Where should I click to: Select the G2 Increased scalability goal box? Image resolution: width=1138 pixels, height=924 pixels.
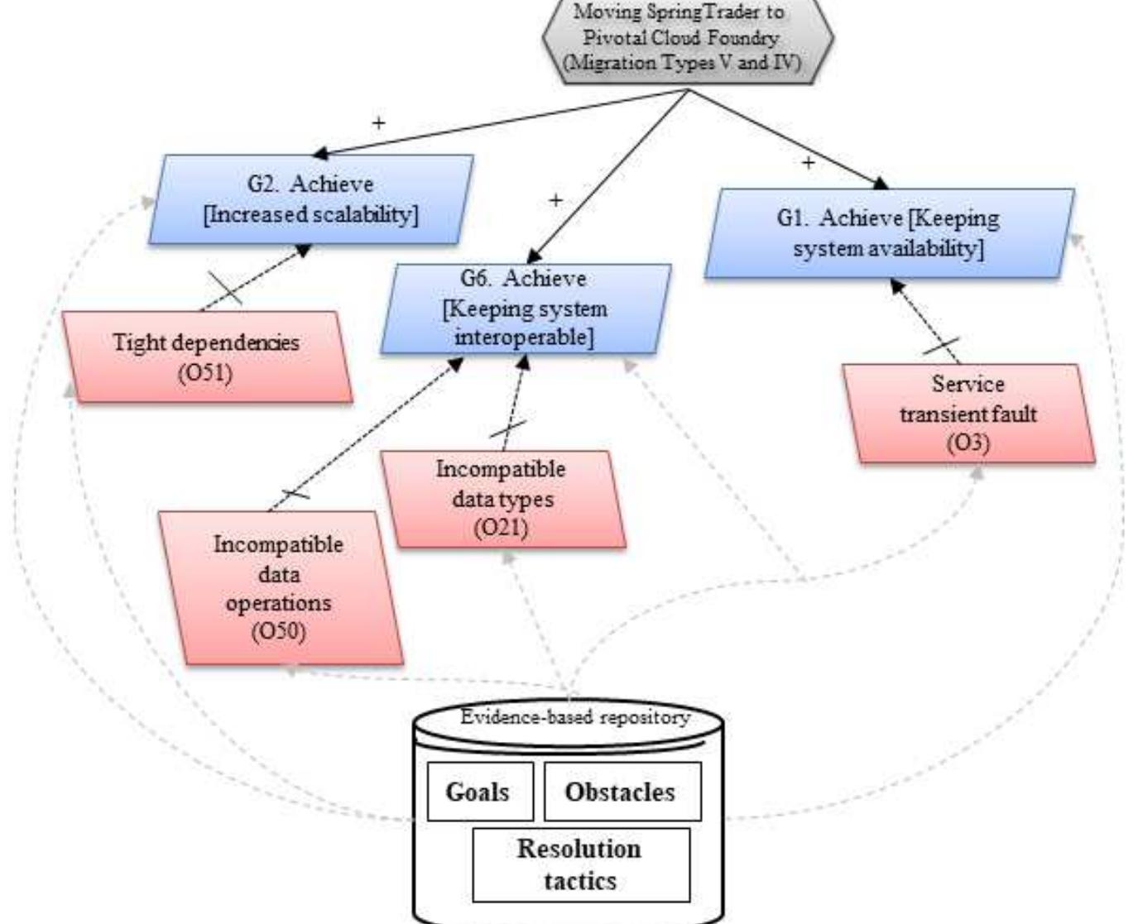(x=311, y=199)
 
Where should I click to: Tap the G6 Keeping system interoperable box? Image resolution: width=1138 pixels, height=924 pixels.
(x=526, y=309)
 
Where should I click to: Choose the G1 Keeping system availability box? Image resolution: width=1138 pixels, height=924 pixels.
(x=889, y=233)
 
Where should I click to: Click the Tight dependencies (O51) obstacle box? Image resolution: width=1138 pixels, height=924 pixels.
(x=207, y=357)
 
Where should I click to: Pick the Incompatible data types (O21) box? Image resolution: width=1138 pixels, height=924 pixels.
(x=502, y=499)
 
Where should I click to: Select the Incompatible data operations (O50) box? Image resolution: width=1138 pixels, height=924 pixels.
(x=279, y=588)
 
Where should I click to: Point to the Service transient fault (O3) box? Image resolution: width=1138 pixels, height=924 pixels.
(x=968, y=414)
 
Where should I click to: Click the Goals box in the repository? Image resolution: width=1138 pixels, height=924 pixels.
(x=478, y=792)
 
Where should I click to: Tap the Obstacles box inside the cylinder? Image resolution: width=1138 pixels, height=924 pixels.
(x=621, y=792)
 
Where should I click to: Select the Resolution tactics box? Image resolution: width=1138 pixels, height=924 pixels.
(x=580, y=864)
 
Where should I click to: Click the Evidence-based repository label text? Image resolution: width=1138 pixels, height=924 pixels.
(x=574, y=717)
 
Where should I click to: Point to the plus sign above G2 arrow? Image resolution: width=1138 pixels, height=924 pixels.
(x=378, y=123)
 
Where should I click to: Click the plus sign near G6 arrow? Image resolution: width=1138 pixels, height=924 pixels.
(x=555, y=200)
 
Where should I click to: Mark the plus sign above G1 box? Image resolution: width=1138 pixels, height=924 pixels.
(x=808, y=163)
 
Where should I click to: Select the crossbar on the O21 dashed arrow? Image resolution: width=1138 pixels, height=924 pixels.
(x=508, y=429)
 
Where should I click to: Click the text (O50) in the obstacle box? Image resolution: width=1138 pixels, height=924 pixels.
(x=279, y=633)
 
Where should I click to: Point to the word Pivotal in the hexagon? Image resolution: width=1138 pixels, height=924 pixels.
(x=613, y=38)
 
